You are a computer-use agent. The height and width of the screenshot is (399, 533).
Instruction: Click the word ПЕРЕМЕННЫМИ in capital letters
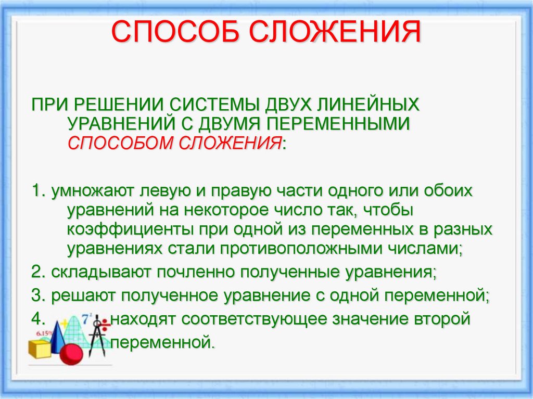[x=340, y=123]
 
